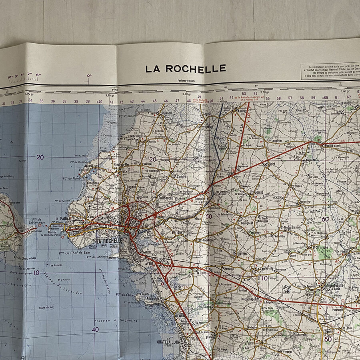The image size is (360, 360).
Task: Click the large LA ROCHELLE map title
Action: point(185,69)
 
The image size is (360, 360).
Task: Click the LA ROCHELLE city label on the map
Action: point(109,242)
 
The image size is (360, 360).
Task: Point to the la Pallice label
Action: point(63,218)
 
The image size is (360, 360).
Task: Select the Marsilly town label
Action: point(136,136)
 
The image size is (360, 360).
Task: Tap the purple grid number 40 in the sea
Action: point(96,330)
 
